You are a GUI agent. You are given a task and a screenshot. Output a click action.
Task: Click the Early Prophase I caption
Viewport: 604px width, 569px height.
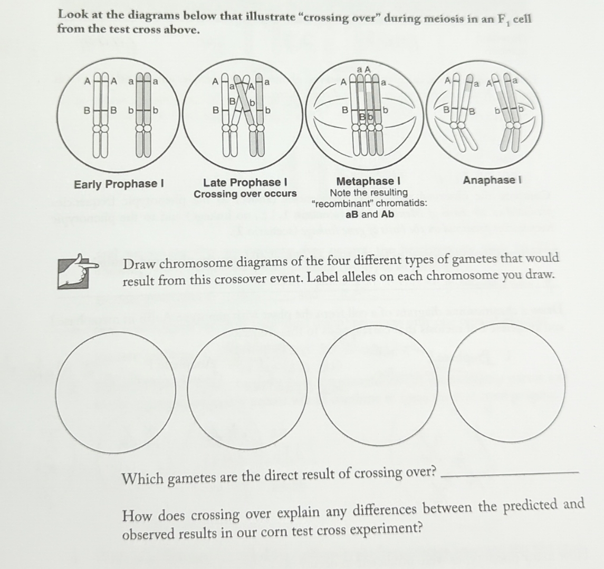click(119, 184)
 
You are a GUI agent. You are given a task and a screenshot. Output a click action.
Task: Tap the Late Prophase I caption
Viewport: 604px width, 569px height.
click(245, 182)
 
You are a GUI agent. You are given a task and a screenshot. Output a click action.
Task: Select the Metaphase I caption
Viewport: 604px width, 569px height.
click(369, 182)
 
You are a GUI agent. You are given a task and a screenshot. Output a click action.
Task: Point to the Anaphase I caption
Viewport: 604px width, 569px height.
click(492, 180)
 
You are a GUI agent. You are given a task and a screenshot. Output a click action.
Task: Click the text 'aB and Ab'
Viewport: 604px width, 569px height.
click(369, 214)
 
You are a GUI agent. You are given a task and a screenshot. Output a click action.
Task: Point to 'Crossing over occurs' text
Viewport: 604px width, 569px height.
click(245, 194)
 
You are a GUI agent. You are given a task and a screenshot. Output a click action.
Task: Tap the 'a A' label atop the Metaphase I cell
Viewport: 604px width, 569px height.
click(364, 69)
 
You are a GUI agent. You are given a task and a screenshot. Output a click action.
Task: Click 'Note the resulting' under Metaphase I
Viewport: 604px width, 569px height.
click(369, 192)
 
